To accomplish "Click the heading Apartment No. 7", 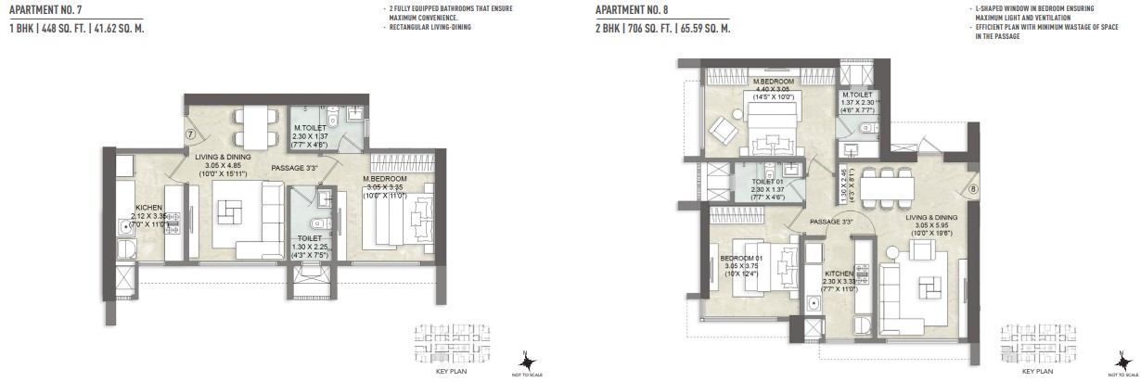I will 44,10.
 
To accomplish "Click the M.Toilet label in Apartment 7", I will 309,129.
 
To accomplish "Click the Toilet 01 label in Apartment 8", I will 769,183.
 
